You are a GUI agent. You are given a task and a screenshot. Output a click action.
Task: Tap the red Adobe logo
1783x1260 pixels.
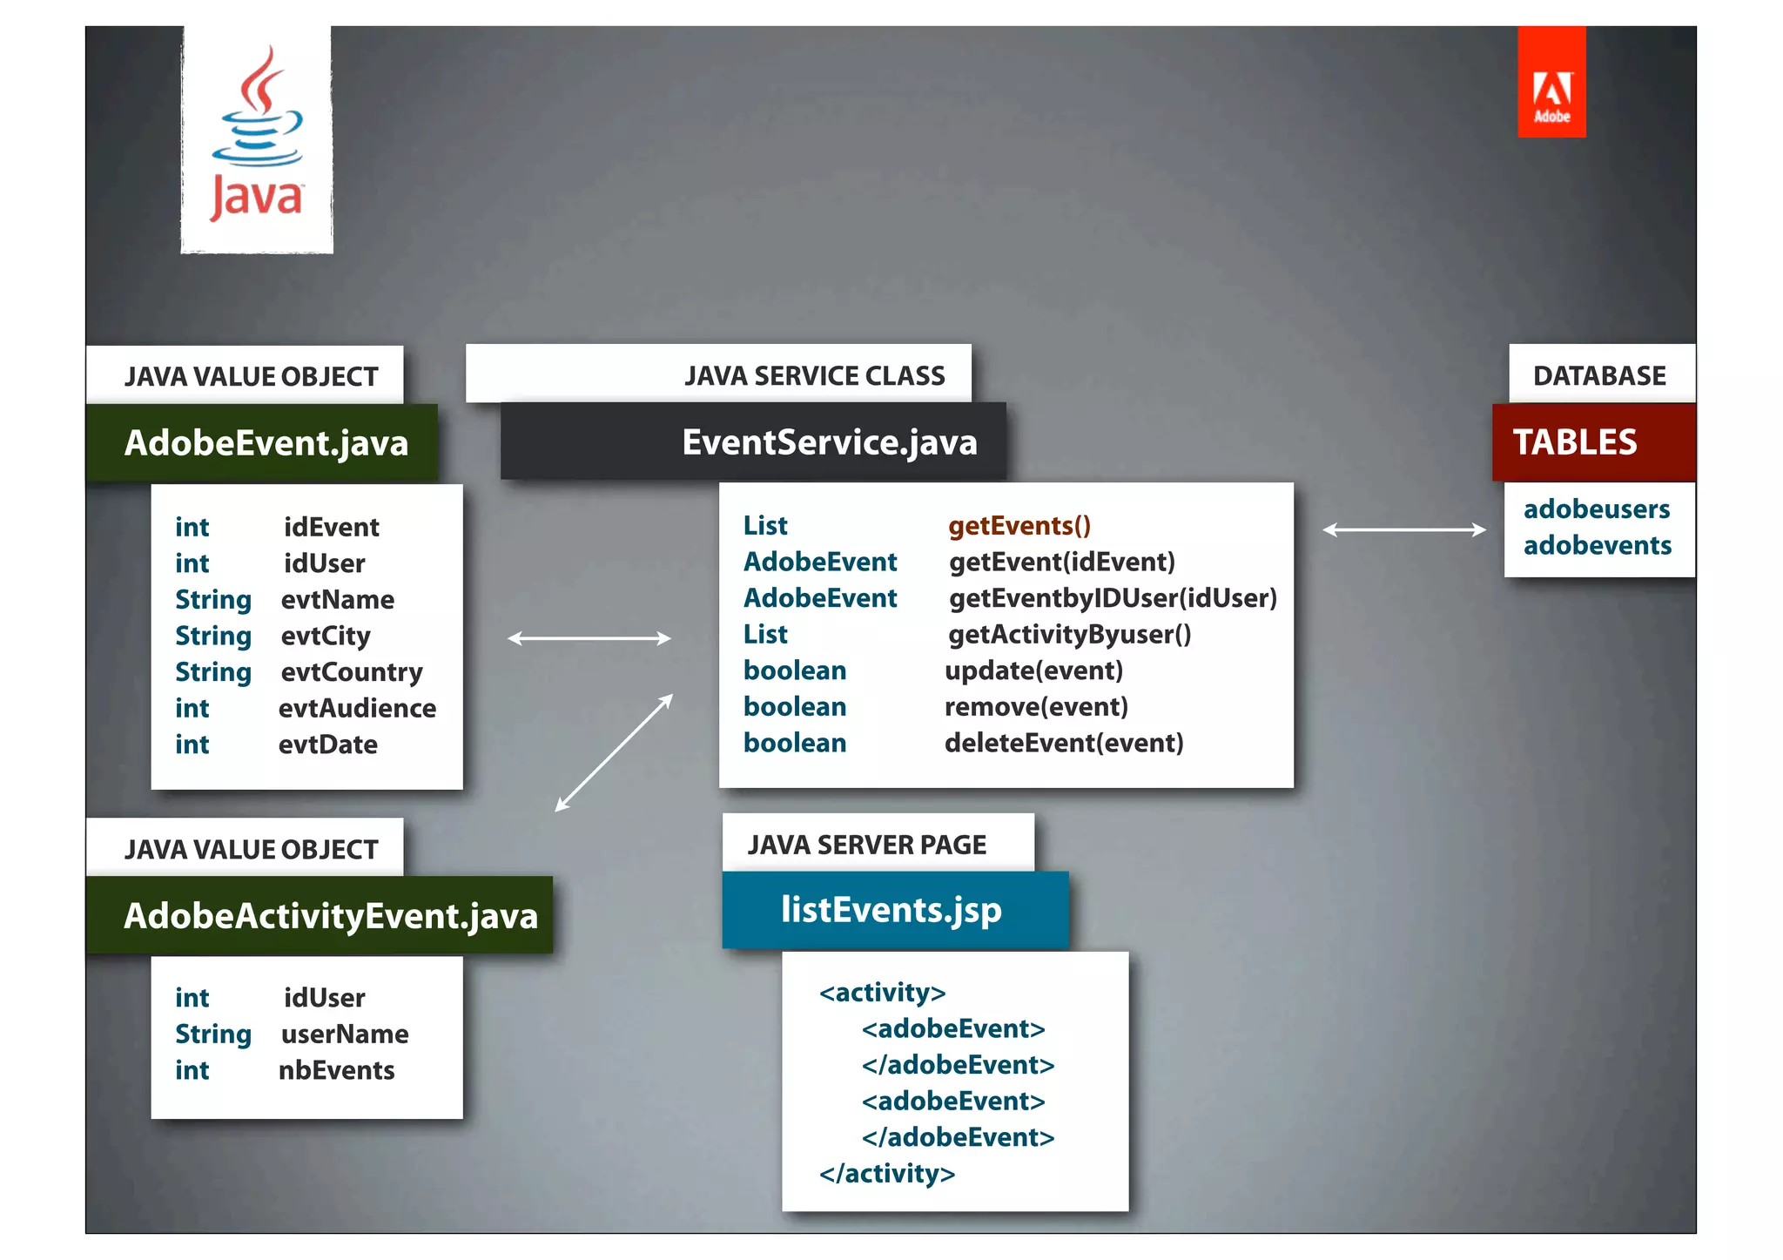click(x=1551, y=83)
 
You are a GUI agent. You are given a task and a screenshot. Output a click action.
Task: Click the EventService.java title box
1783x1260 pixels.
click(x=754, y=441)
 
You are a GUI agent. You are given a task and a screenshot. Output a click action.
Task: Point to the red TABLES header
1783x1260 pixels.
click(x=1593, y=442)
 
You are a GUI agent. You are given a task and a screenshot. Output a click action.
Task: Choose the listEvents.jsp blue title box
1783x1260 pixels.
click(x=894, y=910)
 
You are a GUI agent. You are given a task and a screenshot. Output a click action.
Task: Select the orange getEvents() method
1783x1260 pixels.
click(x=1019, y=526)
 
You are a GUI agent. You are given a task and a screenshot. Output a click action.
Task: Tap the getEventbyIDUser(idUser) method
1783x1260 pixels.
click(x=1113, y=598)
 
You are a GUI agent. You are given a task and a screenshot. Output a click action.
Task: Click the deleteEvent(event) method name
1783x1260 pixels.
click(x=1064, y=743)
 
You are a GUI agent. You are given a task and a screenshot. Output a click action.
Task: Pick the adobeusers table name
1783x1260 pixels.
click(x=1597, y=509)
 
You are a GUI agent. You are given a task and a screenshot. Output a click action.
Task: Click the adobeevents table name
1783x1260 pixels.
click(x=1598, y=546)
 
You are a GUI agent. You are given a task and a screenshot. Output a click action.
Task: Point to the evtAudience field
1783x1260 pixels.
click(x=357, y=708)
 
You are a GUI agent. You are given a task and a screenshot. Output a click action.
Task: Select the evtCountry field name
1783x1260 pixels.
click(x=352, y=672)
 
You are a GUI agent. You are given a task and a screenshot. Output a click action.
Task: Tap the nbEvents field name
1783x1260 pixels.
click(x=336, y=1070)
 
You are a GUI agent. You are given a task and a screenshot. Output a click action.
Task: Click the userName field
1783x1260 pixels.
click(x=345, y=1034)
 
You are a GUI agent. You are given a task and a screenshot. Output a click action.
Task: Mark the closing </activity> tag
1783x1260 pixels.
click(x=886, y=1174)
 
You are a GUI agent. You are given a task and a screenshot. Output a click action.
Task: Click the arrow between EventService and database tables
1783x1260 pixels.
click(x=1404, y=529)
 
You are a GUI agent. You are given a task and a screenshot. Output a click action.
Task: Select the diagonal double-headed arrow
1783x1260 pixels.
click(x=614, y=752)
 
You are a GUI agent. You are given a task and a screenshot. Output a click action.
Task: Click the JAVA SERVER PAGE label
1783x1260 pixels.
click(x=867, y=845)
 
